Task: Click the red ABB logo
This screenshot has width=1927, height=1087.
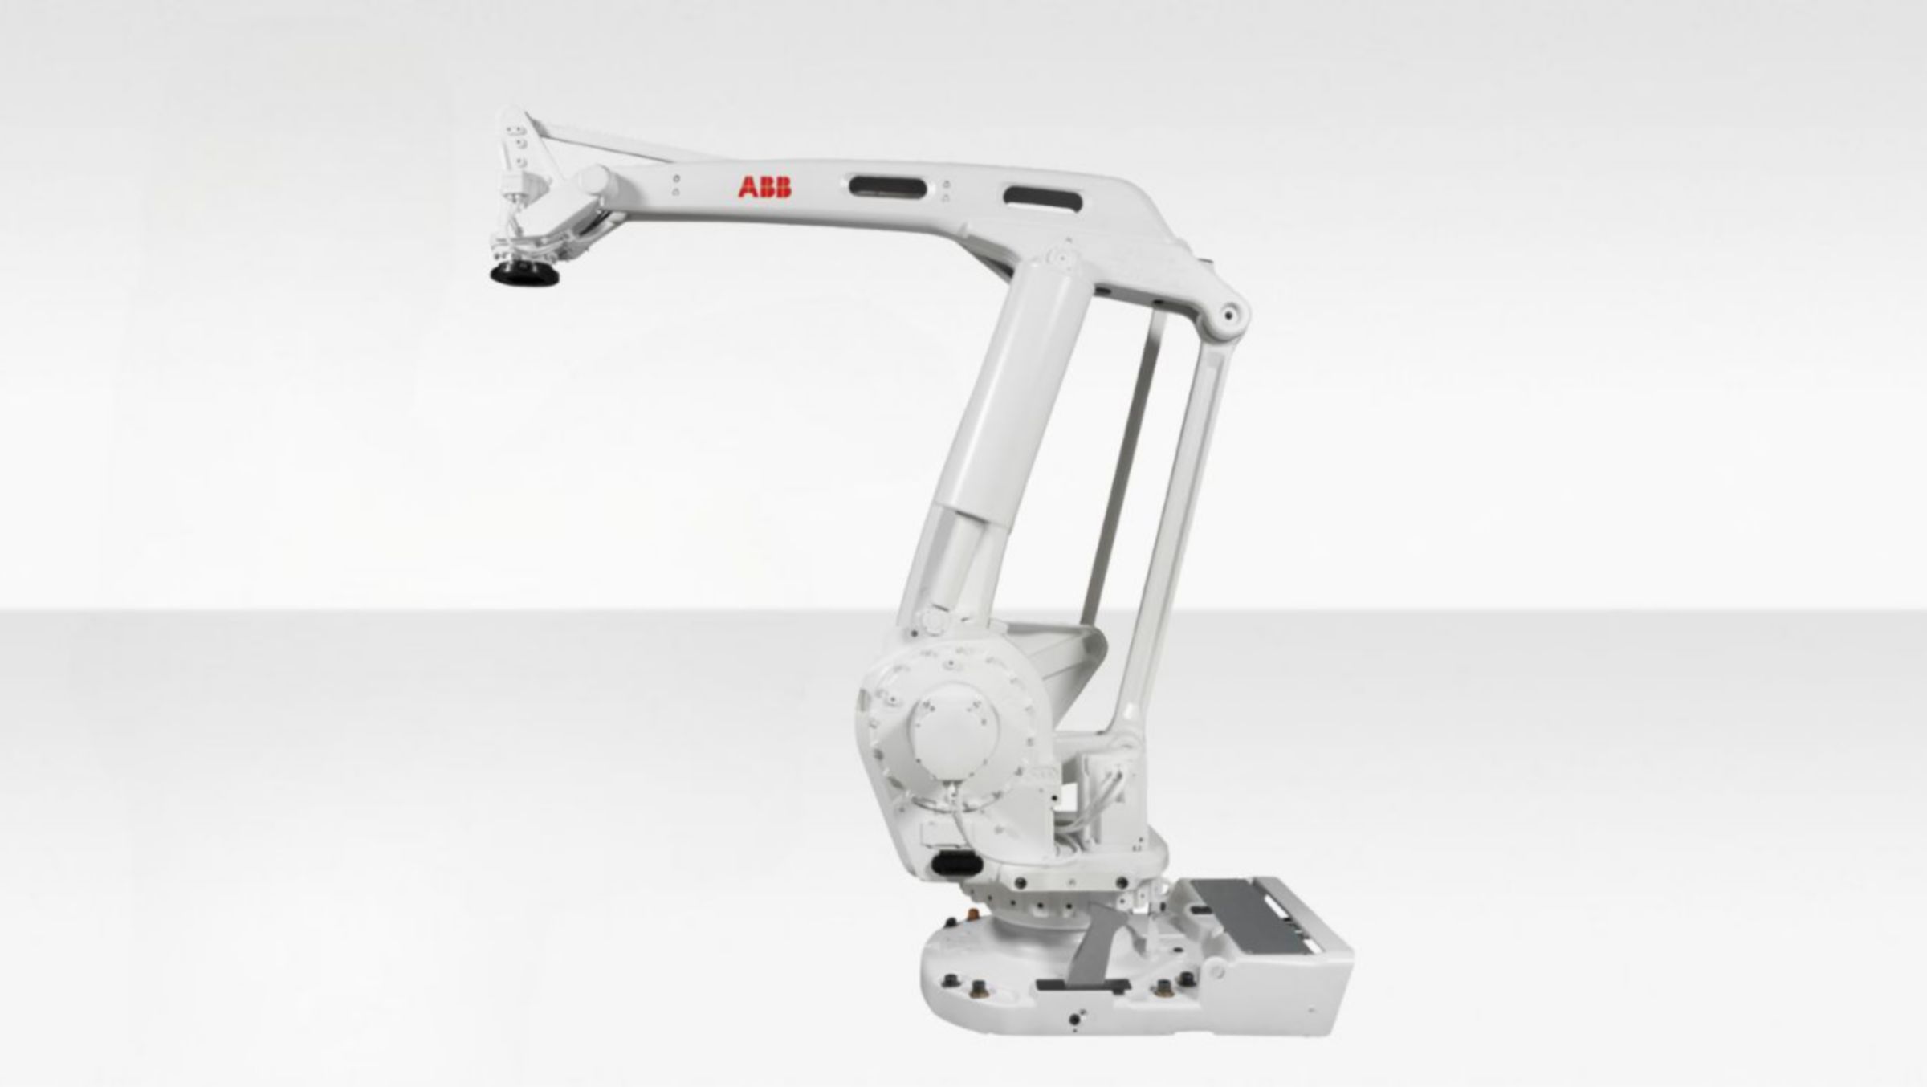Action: [764, 188]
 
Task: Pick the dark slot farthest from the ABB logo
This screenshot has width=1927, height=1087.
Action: [1042, 197]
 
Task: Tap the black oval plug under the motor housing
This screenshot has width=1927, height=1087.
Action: [955, 865]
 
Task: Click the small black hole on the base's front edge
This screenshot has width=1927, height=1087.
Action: [1074, 1019]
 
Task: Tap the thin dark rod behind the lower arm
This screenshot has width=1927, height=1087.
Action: [1124, 466]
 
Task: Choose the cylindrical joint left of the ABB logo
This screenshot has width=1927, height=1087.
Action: [596, 180]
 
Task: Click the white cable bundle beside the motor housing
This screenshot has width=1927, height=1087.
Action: [1092, 803]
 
